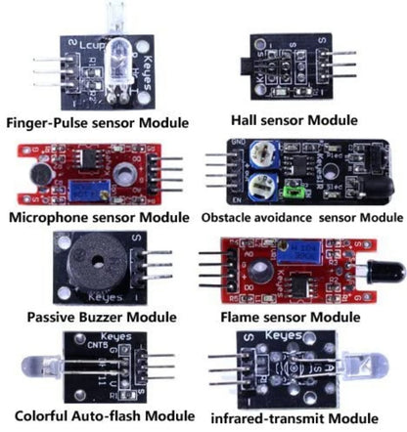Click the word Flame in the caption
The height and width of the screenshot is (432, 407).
click(247, 317)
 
